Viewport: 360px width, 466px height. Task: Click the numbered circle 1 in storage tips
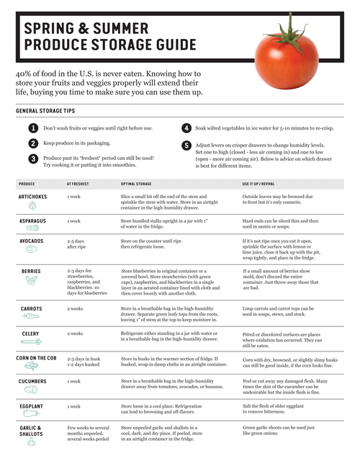click(33, 128)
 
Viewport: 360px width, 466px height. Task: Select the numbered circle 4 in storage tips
click(186, 128)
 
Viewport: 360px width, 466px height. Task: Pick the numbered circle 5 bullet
click(186, 145)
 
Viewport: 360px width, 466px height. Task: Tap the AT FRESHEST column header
click(78, 184)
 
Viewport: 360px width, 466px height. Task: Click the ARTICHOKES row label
click(33, 196)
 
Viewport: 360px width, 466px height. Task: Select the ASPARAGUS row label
click(33, 220)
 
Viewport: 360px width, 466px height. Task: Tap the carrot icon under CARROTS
click(32, 316)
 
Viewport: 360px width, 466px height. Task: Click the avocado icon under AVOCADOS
click(32, 249)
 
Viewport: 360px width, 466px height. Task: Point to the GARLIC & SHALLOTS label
click(32, 430)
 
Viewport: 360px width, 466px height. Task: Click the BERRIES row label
click(32, 272)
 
